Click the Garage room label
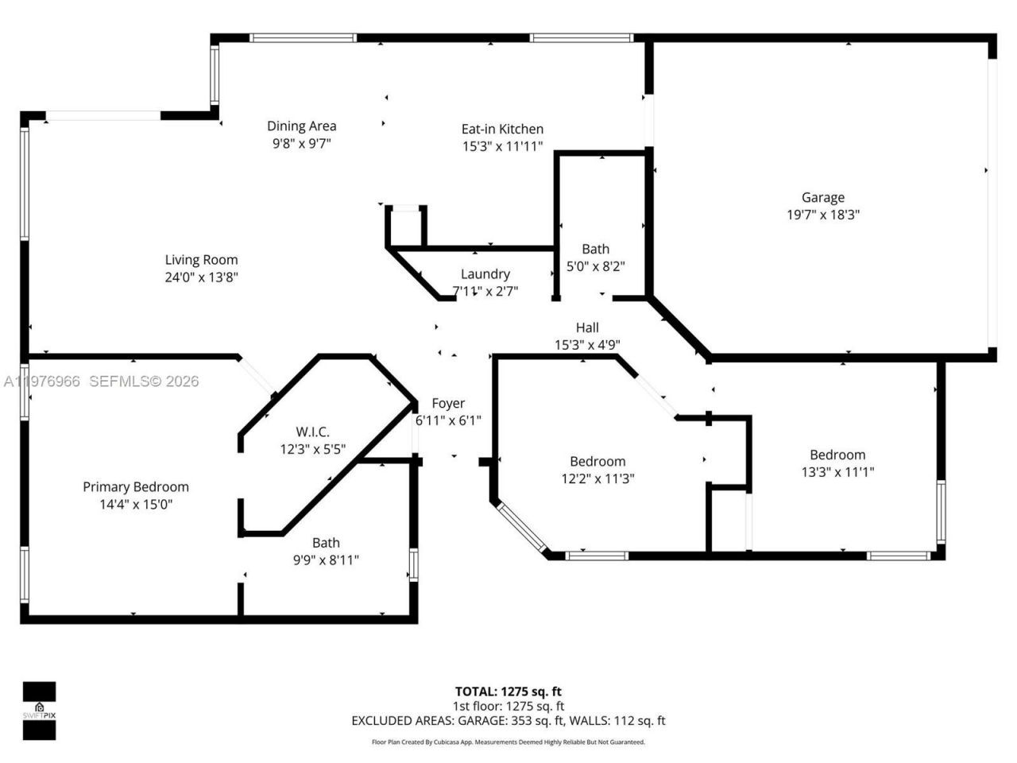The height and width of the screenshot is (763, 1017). click(822, 197)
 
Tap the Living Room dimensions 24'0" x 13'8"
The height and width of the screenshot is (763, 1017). click(201, 277)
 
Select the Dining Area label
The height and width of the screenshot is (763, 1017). click(301, 126)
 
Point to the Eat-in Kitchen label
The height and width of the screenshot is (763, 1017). click(502, 129)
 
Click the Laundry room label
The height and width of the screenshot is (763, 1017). click(485, 273)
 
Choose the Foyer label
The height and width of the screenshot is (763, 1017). click(448, 403)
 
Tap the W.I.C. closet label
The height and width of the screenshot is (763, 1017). click(312, 432)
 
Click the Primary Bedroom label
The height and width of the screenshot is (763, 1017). click(136, 486)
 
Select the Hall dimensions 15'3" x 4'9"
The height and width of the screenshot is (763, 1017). click(587, 345)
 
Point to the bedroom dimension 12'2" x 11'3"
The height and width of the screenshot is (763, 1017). click(597, 478)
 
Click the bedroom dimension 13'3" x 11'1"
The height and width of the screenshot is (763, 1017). click(837, 472)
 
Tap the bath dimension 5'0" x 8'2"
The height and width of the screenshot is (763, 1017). click(595, 266)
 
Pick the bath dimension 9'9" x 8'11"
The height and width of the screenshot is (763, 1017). click(326, 560)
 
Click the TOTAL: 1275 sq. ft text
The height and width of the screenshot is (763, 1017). click(508, 691)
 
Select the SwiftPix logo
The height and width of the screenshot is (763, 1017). click(39, 711)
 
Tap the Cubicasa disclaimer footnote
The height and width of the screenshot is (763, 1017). click(508, 742)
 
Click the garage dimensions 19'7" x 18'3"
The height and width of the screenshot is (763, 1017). click(822, 215)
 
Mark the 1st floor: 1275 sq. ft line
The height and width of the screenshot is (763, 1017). click(508, 706)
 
